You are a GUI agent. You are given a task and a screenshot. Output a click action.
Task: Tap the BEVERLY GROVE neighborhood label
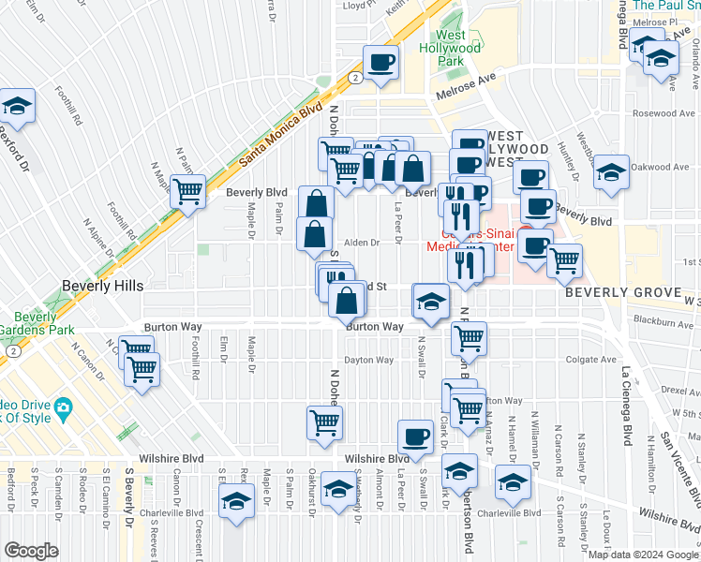(621, 292)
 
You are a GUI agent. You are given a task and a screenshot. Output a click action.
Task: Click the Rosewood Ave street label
(660, 113)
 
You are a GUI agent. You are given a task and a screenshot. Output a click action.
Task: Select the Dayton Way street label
(369, 360)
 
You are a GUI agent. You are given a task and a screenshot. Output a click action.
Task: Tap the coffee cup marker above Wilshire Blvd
(415, 435)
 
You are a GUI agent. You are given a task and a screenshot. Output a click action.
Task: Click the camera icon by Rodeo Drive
(64, 407)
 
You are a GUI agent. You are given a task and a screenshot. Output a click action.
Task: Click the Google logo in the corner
(32, 551)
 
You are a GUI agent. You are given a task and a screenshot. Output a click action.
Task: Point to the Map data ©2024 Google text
(643, 555)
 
